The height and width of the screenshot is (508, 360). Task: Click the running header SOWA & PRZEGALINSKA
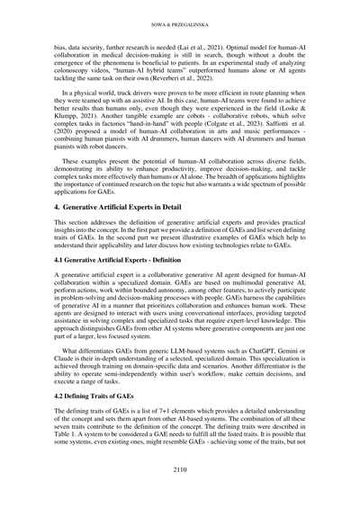click(179, 13)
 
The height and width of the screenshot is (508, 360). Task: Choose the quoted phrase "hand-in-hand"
click(145, 124)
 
